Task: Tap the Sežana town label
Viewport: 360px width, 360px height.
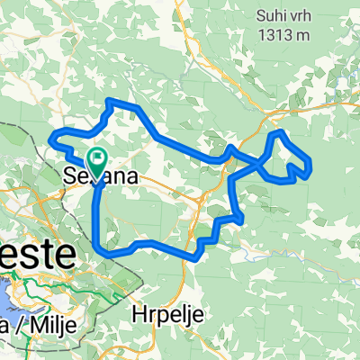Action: pyautogui.click(x=102, y=177)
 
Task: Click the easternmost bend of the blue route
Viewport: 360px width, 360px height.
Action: pyautogui.click(x=310, y=166)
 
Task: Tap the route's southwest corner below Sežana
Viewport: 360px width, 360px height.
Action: pyautogui.click(x=96, y=243)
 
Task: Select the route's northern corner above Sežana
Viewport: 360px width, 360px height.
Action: pyautogui.click(x=110, y=100)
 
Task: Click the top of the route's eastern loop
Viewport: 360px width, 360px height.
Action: pyautogui.click(x=279, y=133)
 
